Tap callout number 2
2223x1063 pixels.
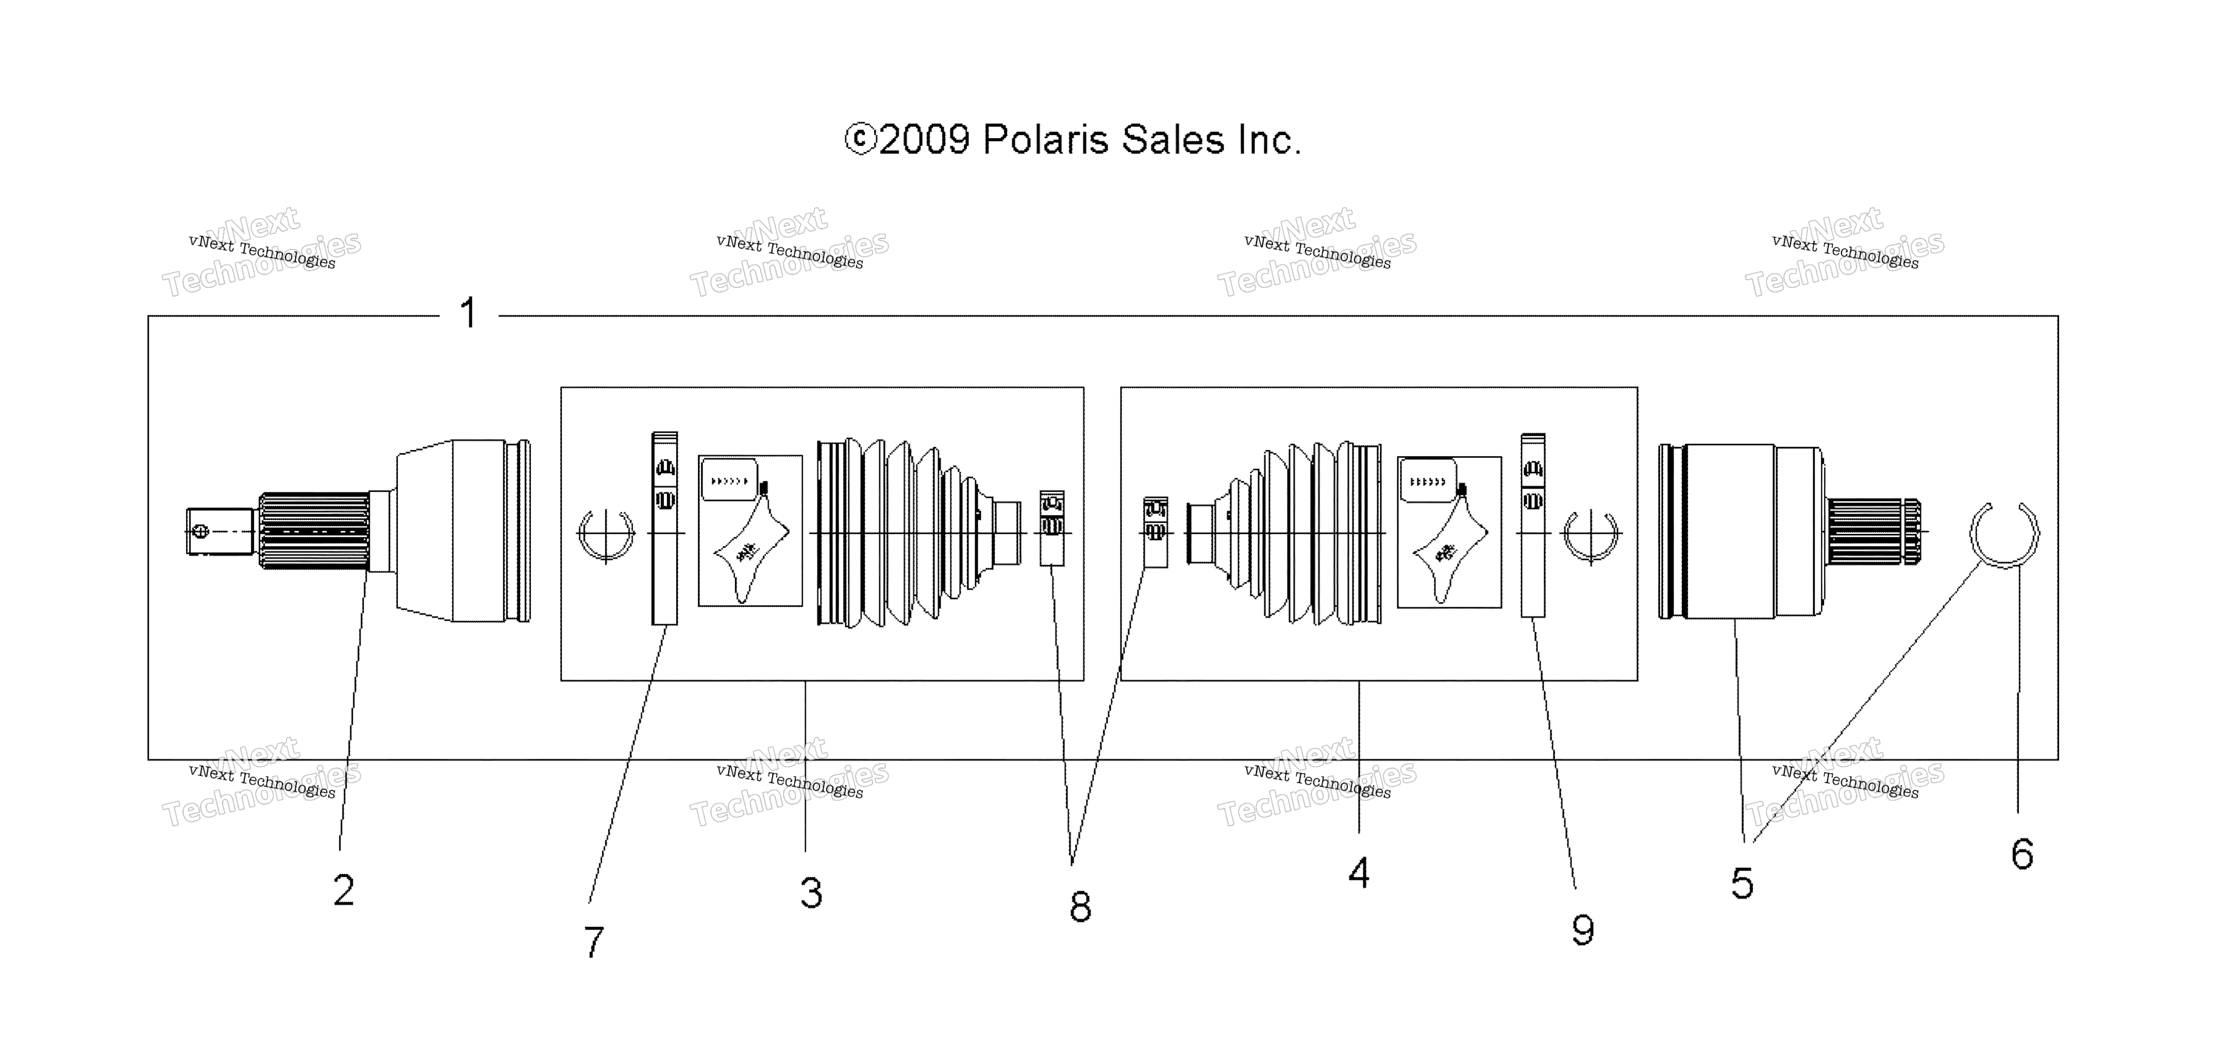click(x=344, y=890)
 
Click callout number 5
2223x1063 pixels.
click(x=1742, y=883)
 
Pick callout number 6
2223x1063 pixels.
click(x=2022, y=854)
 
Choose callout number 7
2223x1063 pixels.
click(x=594, y=941)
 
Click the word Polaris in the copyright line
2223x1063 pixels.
click(x=1045, y=140)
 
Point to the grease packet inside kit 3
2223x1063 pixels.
click(x=750, y=531)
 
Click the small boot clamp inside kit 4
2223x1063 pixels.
click(x=1155, y=532)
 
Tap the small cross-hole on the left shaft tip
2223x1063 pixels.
click(x=199, y=531)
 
